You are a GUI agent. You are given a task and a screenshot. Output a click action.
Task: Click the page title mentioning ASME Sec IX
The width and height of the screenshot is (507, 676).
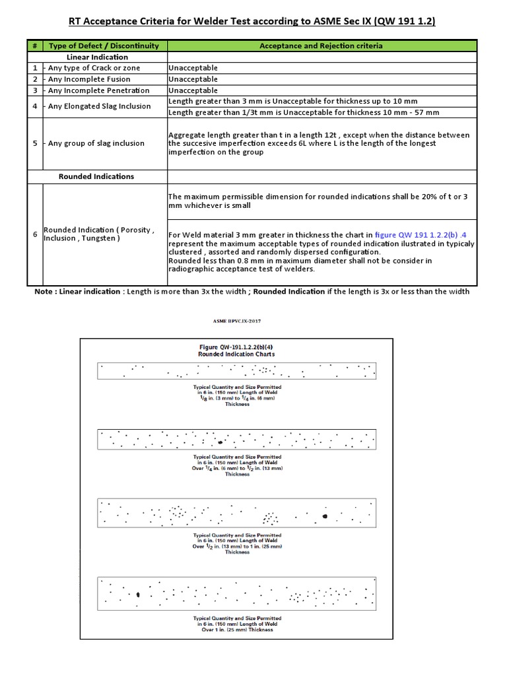[x=253, y=22]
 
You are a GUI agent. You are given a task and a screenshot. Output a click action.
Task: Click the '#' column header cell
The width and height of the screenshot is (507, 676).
[x=34, y=46]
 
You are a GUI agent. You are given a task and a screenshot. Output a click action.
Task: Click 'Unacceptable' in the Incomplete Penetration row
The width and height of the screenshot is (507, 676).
[x=193, y=90]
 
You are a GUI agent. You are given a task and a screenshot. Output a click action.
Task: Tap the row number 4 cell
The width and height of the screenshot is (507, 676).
[x=34, y=106]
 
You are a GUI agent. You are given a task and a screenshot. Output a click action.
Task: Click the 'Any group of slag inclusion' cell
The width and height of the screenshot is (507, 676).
[x=96, y=143]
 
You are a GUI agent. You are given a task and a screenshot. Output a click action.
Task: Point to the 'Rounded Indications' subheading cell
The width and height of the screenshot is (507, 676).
[x=96, y=176]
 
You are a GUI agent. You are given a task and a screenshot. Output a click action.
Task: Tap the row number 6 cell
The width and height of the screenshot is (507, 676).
[x=34, y=234]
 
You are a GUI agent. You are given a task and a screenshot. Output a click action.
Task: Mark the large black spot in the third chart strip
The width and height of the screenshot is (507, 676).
[x=325, y=516]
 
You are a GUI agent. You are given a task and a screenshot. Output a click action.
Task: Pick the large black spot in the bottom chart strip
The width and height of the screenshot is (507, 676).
[x=138, y=595]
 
